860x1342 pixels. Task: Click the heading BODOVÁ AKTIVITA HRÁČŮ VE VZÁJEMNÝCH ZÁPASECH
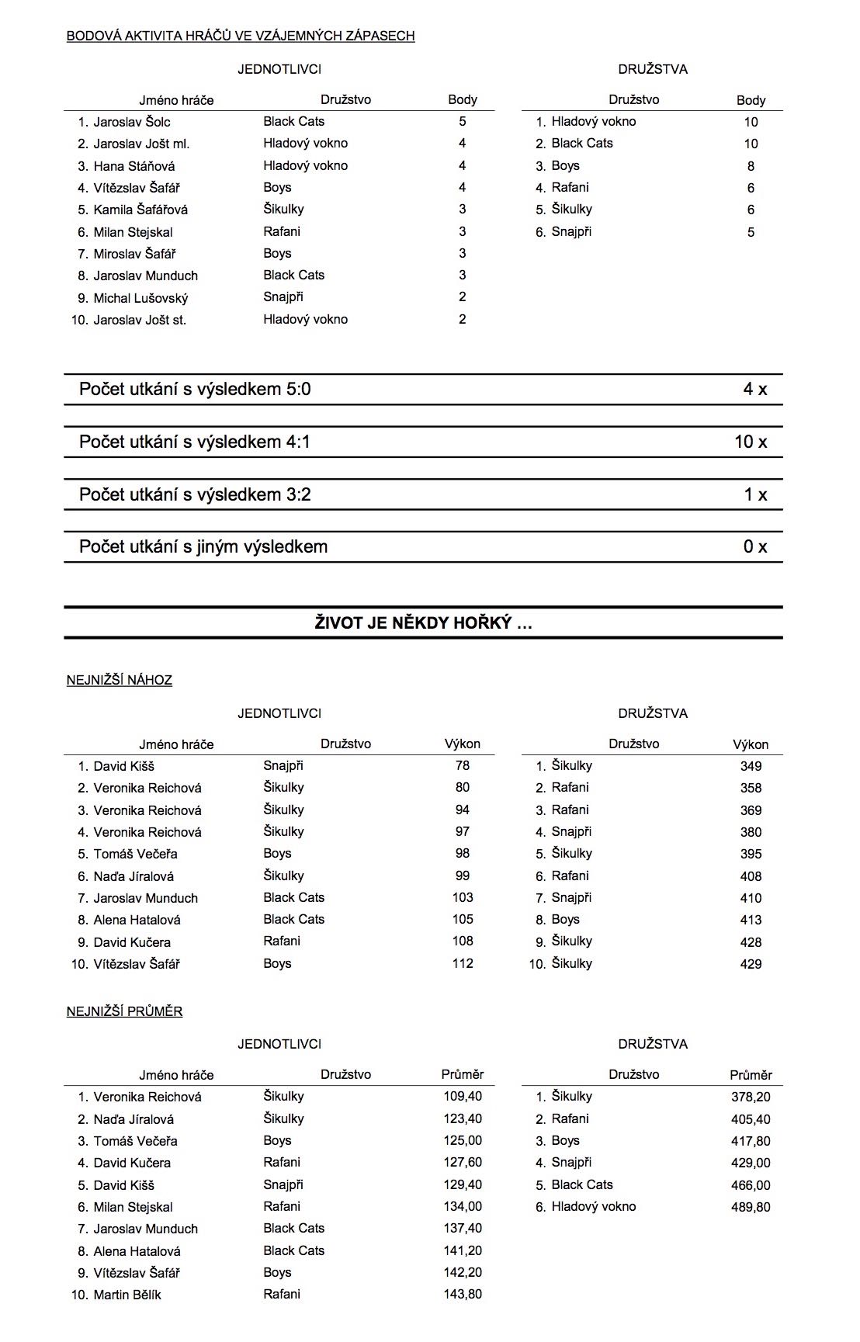(x=241, y=36)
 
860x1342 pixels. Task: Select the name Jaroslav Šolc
(x=132, y=122)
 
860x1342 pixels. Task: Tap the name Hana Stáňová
(x=134, y=166)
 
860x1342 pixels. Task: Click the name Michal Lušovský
(x=140, y=298)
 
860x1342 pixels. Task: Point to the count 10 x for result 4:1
(x=751, y=442)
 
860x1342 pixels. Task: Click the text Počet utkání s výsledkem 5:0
(x=195, y=389)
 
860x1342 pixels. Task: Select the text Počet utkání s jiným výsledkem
(x=203, y=546)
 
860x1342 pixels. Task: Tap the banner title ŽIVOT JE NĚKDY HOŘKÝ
(x=424, y=622)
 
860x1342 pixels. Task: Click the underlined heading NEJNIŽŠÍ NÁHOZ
(x=120, y=680)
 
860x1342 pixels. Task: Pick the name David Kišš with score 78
(x=124, y=766)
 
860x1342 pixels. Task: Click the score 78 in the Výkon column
(x=463, y=765)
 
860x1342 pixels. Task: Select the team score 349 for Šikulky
(x=751, y=766)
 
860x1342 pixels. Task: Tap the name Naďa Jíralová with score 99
(x=134, y=876)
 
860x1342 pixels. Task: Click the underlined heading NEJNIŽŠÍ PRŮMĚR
(x=125, y=1011)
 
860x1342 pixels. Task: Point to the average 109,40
(x=463, y=1097)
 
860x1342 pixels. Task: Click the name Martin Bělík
(x=127, y=1295)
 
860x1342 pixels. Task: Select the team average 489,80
(x=751, y=1207)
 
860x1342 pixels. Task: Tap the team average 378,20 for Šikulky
(x=751, y=1097)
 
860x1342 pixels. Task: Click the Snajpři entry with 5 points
(x=571, y=231)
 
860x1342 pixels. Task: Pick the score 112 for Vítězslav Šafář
(x=463, y=963)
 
